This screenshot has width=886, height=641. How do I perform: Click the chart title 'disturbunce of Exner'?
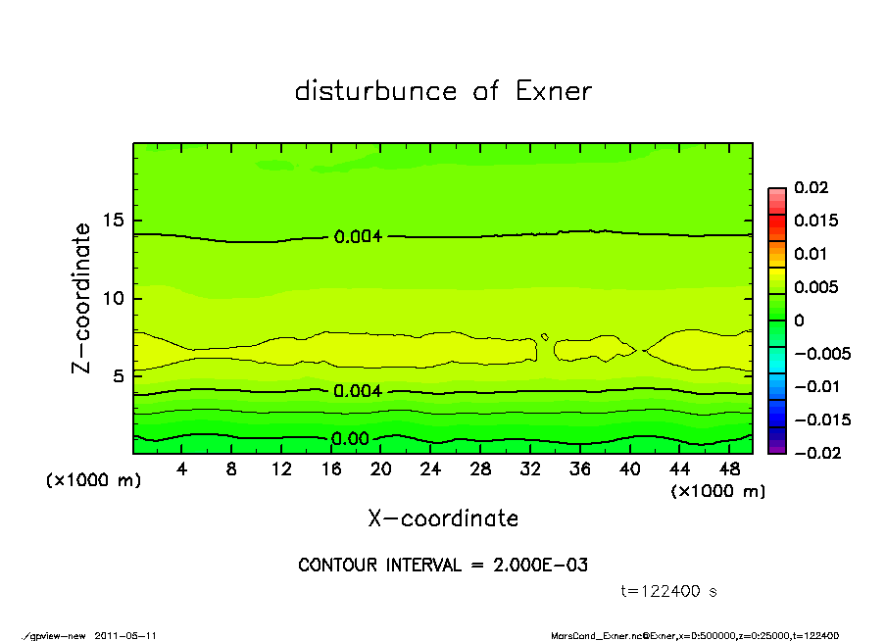[x=443, y=91]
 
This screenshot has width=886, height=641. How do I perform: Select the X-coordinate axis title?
[x=443, y=518]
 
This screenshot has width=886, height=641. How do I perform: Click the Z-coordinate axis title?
[x=82, y=298]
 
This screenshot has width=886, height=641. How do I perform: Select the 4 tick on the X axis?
[x=182, y=469]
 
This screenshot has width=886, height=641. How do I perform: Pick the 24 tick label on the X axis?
[x=430, y=469]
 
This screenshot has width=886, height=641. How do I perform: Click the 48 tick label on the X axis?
[x=728, y=469]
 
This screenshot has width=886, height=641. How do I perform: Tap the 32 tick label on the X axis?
[x=530, y=469]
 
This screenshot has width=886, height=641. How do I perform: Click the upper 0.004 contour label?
[x=357, y=236]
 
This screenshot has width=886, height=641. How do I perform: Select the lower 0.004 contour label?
[x=357, y=391]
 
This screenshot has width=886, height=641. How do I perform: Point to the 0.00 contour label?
[x=350, y=439]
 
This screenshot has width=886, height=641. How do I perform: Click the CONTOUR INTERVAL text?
[x=443, y=566]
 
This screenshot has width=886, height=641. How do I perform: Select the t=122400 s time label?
[x=669, y=591]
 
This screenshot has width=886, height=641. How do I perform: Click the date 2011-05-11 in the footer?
[x=125, y=635]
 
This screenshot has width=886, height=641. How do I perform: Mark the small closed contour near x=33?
[x=544, y=337]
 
